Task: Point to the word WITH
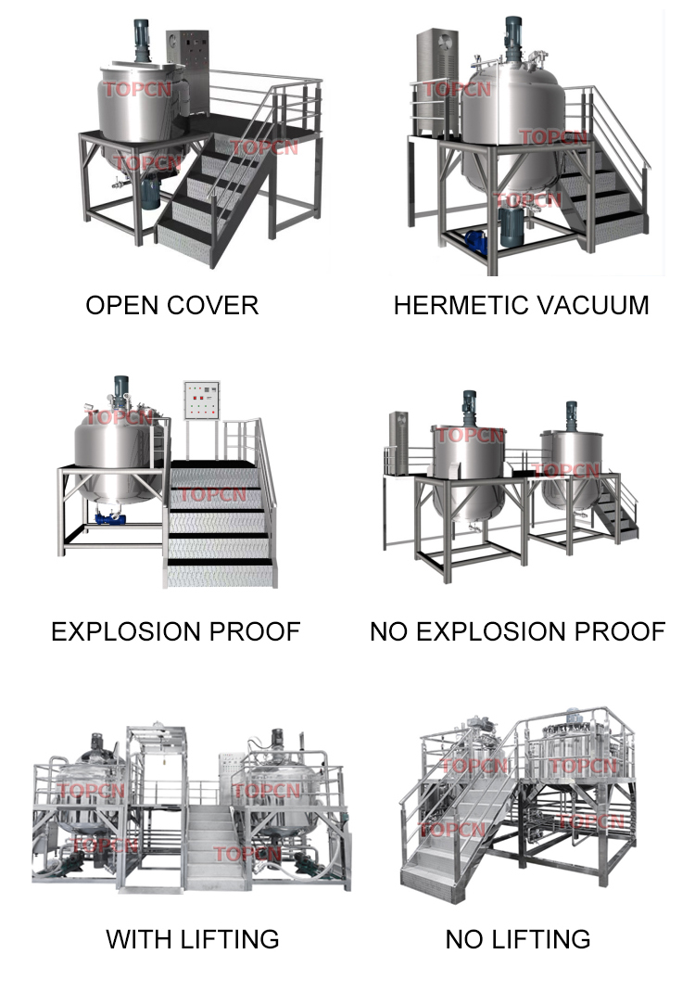tap(135, 938)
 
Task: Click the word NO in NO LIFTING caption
tap(464, 938)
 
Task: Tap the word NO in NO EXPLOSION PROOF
tap(388, 631)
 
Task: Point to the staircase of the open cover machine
tap(218, 199)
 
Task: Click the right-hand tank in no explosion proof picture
tap(572, 473)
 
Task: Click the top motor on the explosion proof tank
tap(120, 390)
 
